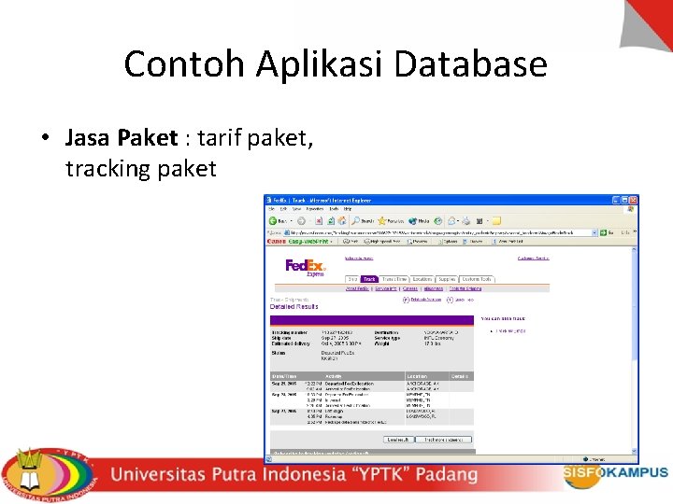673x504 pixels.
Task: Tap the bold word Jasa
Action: click(89, 139)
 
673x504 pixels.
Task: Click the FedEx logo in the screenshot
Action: click(305, 267)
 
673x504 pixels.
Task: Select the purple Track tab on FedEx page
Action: click(369, 279)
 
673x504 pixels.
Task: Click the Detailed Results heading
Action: click(294, 306)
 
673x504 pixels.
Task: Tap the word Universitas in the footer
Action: click(166, 474)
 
